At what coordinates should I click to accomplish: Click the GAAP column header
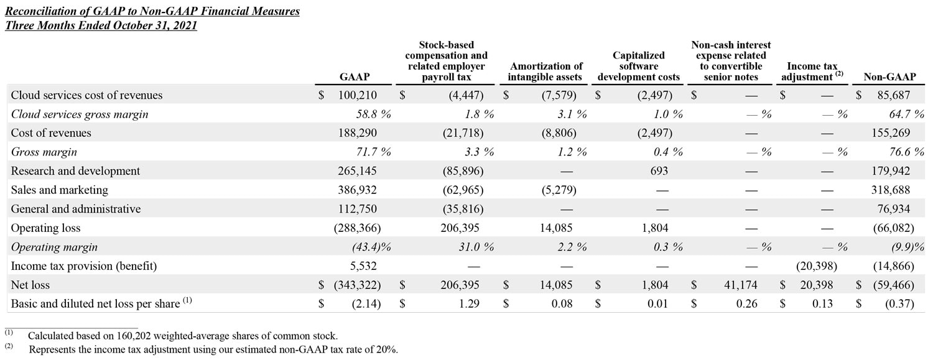click(x=355, y=77)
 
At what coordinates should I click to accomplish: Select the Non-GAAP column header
click(x=889, y=77)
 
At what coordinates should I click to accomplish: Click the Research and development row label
click(x=75, y=171)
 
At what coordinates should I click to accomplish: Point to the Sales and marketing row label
click(x=60, y=190)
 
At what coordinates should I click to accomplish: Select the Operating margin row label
click(x=54, y=247)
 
